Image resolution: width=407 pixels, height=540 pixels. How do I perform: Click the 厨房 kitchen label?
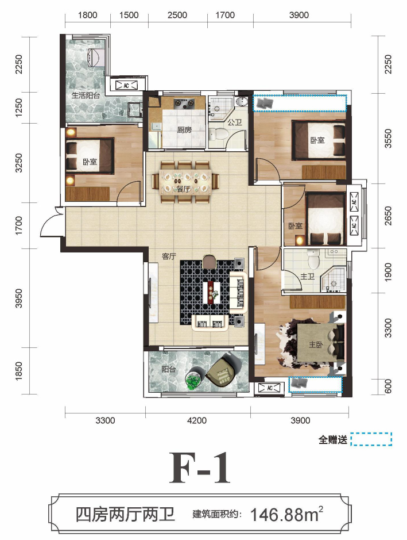pyautogui.click(x=184, y=130)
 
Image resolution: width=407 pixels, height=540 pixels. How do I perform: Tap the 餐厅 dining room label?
pyautogui.click(x=183, y=189)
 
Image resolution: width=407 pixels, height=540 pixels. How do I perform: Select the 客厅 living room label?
pyautogui.click(x=169, y=256)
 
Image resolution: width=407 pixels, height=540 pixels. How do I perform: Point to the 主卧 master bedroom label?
pyautogui.click(x=316, y=344)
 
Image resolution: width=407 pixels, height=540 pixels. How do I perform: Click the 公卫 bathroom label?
pyautogui.click(x=235, y=122)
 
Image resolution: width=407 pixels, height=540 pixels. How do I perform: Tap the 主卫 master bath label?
pyautogui.click(x=307, y=276)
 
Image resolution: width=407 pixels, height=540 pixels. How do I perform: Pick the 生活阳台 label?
pyautogui.click(x=86, y=95)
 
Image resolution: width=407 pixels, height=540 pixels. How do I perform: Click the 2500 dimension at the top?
pyautogui.click(x=177, y=15)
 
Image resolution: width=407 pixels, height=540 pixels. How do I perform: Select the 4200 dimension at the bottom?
pyautogui.click(x=197, y=420)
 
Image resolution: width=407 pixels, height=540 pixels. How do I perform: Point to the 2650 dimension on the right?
pyautogui.click(x=388, y=216)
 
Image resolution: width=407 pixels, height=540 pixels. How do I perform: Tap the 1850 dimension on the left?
pyautogui.click(x=19, y=372)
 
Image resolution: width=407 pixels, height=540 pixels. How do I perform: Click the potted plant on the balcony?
pyautogui.click(x=193, y=381)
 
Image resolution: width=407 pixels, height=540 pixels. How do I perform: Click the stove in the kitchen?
pyautogui.click(x=184, y=103)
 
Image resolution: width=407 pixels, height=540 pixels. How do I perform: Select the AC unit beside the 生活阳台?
pyautogui.click(x=126, y=85)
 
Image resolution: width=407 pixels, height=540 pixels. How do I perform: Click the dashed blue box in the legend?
pyautogui.click(x=371, y=439)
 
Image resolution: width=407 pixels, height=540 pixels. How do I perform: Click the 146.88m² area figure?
pyautogui.click(x=286, y=515)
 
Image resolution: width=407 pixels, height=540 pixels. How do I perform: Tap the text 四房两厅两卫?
pyautogui.click(x=126, y=515)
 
